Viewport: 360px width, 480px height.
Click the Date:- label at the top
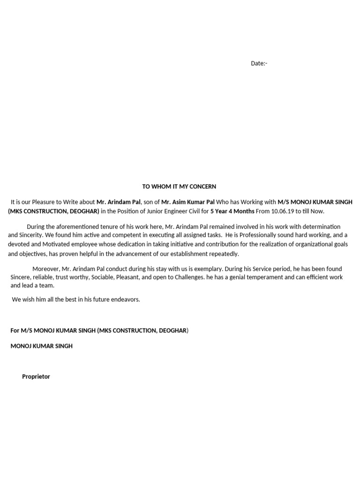[x=259, y=63]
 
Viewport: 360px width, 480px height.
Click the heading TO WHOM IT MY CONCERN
[x=179, y=187]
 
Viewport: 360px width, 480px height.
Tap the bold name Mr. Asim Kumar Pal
[x=188, y=202]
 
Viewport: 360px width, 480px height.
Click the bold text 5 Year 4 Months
[x=232, y=211]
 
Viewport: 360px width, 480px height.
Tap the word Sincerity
[x=30, y=235]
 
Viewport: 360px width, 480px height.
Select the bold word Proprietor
[x=36, y=376]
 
